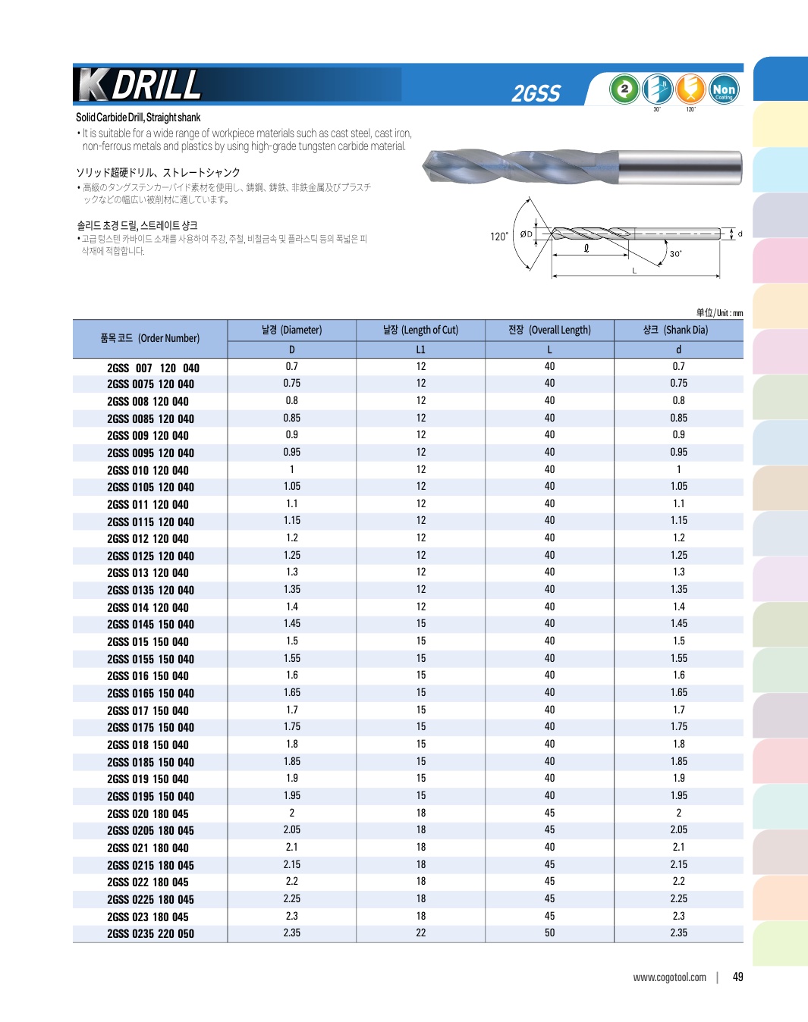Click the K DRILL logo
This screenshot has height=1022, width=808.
(x=140, y=85)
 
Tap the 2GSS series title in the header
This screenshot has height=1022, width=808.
(x=536, y=93)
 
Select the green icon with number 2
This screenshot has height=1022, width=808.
(x=624, y=89)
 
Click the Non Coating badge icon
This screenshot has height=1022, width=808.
(x=724, y=89)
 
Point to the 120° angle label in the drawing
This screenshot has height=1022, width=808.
(x=498, y=237)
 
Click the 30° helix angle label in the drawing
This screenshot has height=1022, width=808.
(x=675, y=254)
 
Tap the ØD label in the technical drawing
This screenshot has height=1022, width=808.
(x=526, y=234)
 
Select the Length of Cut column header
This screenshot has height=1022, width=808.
(x=420, y=330)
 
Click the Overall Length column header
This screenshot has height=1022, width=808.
(x=549, y=330)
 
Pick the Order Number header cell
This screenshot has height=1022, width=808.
(x=149, y=338)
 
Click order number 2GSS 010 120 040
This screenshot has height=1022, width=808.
(x=148, y=470)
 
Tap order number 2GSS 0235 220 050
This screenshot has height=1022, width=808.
(x=150, y=933)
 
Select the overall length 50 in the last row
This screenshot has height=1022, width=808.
(x=549, y=933)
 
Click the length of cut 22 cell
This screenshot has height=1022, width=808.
(x=420, y=933)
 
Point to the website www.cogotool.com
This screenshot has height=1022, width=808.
(x=669, y=977)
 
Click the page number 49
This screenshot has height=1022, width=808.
(x=737, y=977)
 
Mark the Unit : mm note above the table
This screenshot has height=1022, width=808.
(x=719, y=312)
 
